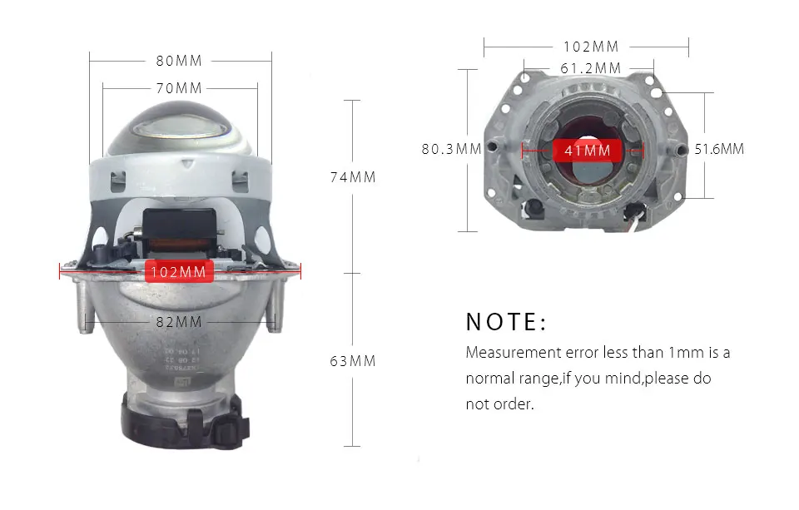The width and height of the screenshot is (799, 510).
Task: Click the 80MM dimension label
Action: pyautogui.click(x=179, y=61)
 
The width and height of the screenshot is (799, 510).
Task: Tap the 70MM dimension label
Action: pyautogui.click(x=179, y=88)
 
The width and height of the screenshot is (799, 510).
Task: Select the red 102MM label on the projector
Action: pyautogui.click(x=179, y=271)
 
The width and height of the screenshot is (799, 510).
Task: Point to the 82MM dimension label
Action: pyautogui.click(x=179, y=322)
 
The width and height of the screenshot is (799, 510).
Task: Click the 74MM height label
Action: pyautogui.click(x=353, y=176)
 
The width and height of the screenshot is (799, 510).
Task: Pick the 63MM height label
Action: pyautogui.click(x=353, y=361)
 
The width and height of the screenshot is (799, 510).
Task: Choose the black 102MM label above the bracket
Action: pyautogui.click(x=591, y=47)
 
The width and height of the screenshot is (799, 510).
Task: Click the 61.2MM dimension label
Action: pyautogui.click(x=591, y=67)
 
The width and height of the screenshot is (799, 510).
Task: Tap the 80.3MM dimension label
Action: pyautogui.click(x=451, y=149)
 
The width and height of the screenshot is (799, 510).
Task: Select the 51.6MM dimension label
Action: pyautogui.click(x=719, y=149)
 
